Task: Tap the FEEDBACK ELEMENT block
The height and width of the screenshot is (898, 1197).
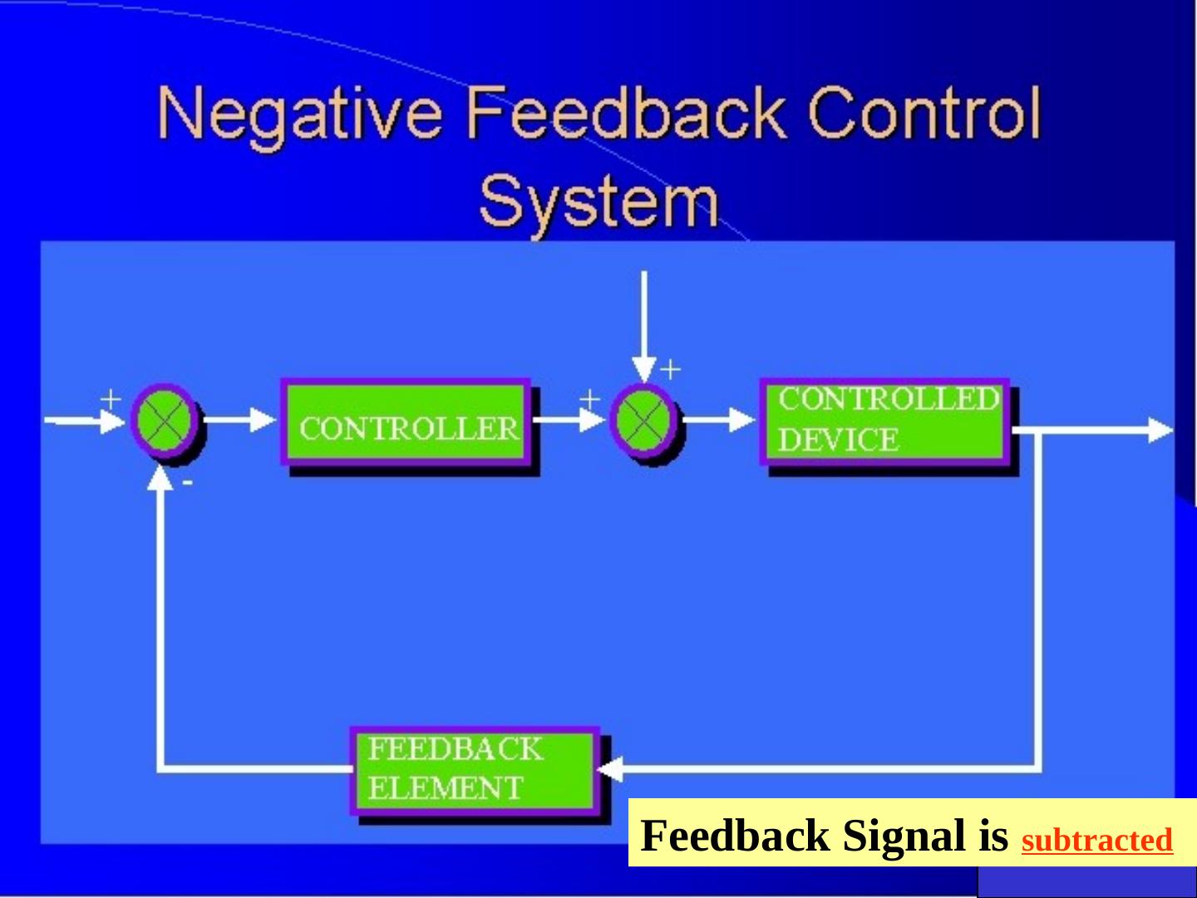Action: click(x=475, y=769)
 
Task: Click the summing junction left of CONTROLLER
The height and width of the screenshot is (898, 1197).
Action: click(x=165, y=420)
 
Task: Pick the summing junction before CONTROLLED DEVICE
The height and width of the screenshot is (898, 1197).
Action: click(x=643, y=420)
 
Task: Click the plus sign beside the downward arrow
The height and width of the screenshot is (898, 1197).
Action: click(x=670, y=368)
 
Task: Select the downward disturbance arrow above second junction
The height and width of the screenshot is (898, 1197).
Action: click(x=643, y=324)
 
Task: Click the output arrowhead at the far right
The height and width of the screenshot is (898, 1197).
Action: click(x=1160, y=431)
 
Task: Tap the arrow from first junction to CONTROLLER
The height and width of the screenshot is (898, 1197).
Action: click(x=241, y=420)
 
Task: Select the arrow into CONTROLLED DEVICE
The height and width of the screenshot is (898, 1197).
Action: click(x=719, y=420)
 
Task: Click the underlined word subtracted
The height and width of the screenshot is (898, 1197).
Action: click(x=1096, y=841)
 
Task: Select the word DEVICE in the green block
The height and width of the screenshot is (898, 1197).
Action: click(x=838, y=440)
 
